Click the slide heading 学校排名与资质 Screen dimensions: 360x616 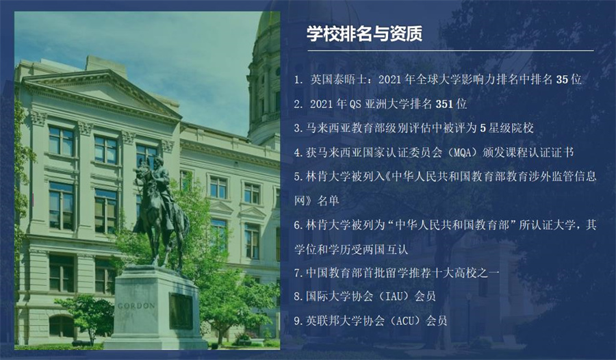click(363, 33)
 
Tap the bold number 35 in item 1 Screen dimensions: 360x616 click(563, 79)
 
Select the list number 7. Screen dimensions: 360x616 click(297, 272)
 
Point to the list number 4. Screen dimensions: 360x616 click(297, 152)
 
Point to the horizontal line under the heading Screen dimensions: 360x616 click(445, 51)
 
